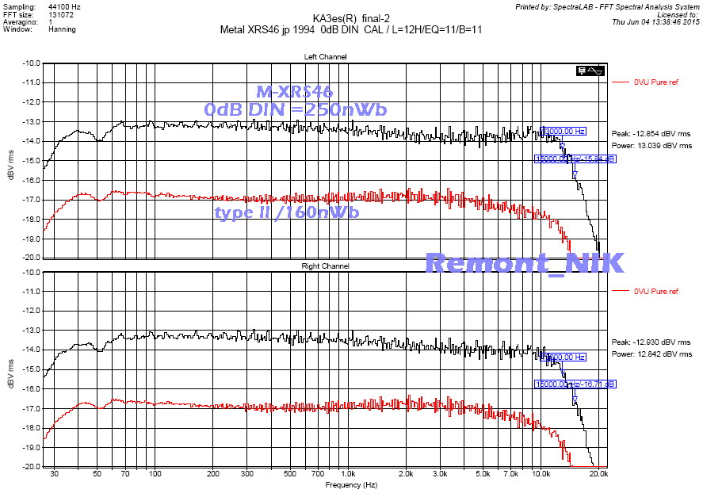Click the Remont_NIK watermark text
pyautogui.click(x=525, y=262)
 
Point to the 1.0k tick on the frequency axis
pyautogui.click(x=348, y=473)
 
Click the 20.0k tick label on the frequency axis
pyautogui.click(x=598, y=473)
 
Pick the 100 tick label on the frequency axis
pyautogui.click(x=155, y=473)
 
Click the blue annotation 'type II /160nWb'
pyautogui.click(x=287, y=212)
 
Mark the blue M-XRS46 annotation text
pyautogui.click(x=295, y=92)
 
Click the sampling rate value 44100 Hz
pyautogui.click(x=58, y=6)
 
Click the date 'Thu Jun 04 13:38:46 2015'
pyautogui.click(x=655, y=22)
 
